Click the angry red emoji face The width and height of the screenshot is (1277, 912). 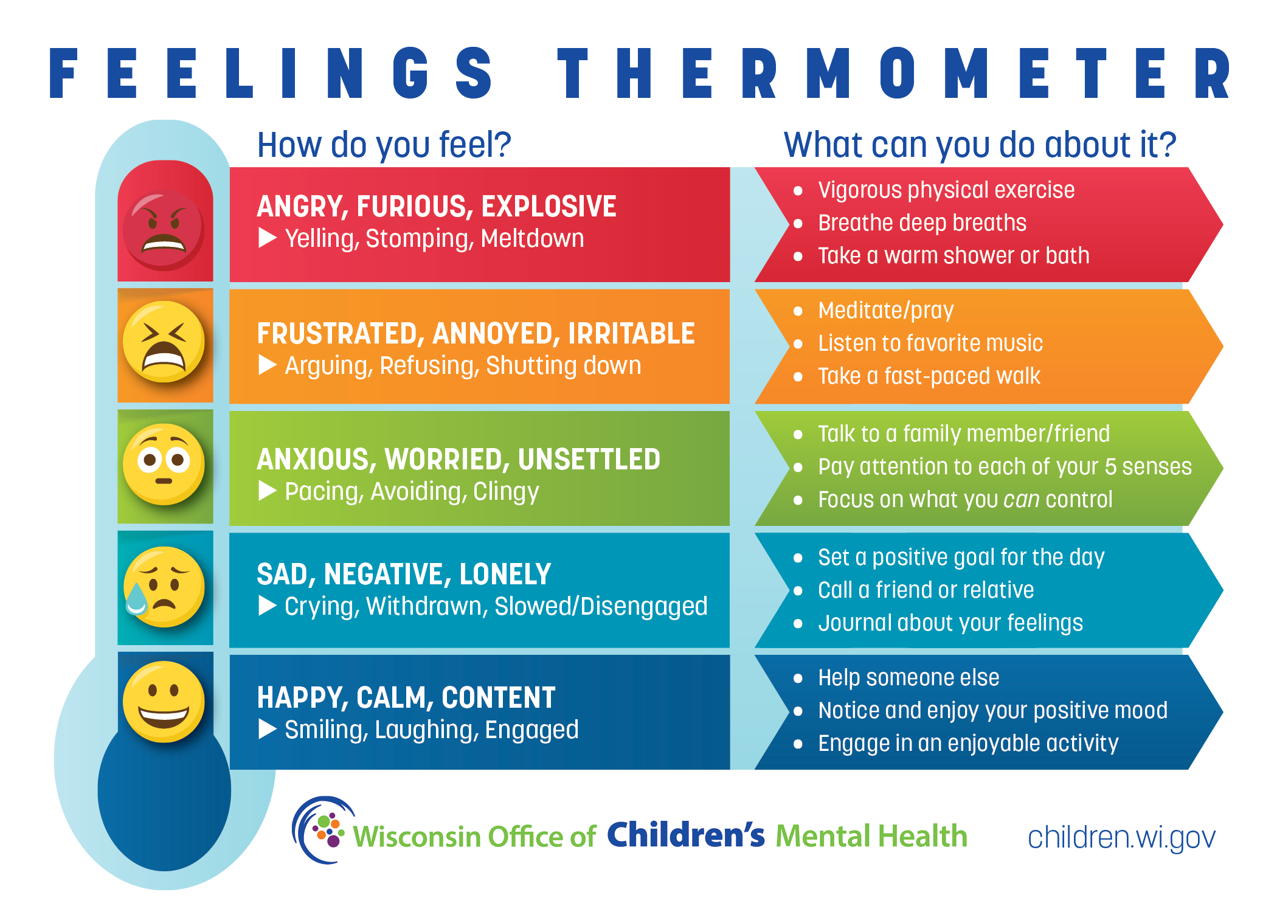pos(164,230)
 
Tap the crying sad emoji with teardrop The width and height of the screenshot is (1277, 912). pos(164,587)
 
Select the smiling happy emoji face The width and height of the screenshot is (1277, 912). pos(164,702)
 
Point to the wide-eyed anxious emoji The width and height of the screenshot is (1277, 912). pos(164,464)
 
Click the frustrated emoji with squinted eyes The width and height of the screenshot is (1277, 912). pos(164,342)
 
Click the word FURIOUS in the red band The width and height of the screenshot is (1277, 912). pos(415,207)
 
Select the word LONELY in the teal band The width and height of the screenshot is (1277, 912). pos(505,575)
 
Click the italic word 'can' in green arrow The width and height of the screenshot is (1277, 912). pos(1021,500)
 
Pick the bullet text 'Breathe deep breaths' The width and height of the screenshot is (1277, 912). pos(922,223)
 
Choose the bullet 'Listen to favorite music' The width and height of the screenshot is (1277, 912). pos(930,344)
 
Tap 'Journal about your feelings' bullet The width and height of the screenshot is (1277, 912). pos(950,623)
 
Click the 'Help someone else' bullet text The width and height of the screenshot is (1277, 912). pos(908,678)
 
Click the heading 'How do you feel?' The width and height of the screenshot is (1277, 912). pos(384,145)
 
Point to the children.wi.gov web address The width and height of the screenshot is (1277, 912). pos(1121,838)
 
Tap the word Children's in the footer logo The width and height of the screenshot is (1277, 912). pos(685,835)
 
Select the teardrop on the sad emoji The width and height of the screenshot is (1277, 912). pos(136,599)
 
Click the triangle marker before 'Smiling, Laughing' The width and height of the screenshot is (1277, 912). pos(267,729)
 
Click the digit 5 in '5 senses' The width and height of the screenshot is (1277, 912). pos(1110,467)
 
